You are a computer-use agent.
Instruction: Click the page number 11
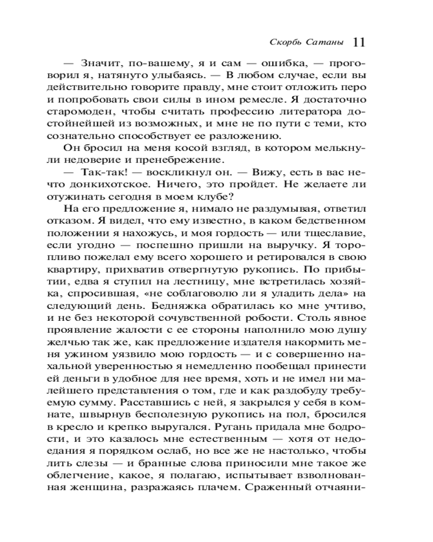click(359, 42)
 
